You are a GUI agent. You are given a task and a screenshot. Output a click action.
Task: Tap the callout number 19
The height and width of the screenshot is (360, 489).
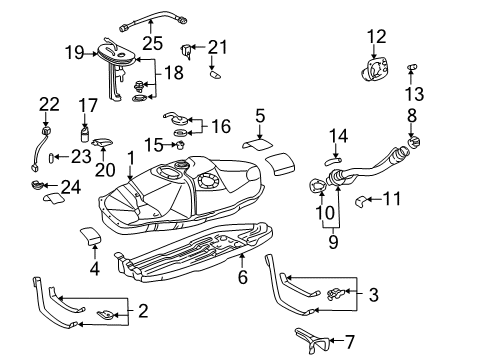[74, 51]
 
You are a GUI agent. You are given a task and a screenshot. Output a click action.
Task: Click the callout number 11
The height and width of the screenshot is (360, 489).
[392, 199]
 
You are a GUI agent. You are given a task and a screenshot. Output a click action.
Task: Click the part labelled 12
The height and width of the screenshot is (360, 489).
[376, 70]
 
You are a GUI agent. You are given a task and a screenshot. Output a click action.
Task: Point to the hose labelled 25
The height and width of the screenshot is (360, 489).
[150, 18]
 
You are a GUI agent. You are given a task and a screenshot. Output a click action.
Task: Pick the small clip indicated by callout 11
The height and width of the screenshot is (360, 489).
[361, 199]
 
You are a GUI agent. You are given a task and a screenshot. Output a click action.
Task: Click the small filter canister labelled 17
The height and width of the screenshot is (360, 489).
[87, 133]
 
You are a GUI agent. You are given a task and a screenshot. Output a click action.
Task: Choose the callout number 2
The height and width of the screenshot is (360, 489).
[142, 312]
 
